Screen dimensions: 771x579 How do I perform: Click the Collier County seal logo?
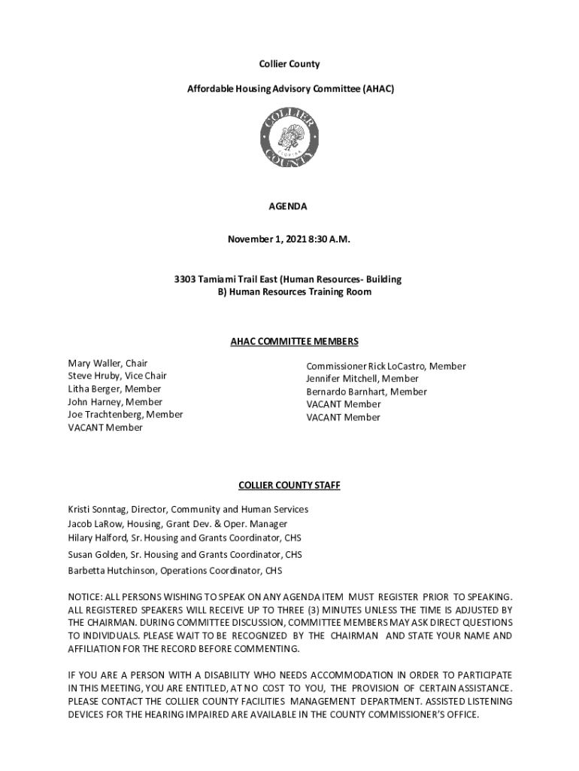pos(289,138)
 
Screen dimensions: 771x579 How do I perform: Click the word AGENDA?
pos(289,206)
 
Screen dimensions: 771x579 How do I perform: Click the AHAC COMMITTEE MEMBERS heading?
pos(294,342)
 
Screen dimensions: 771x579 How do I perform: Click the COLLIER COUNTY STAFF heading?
pos(289,486)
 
